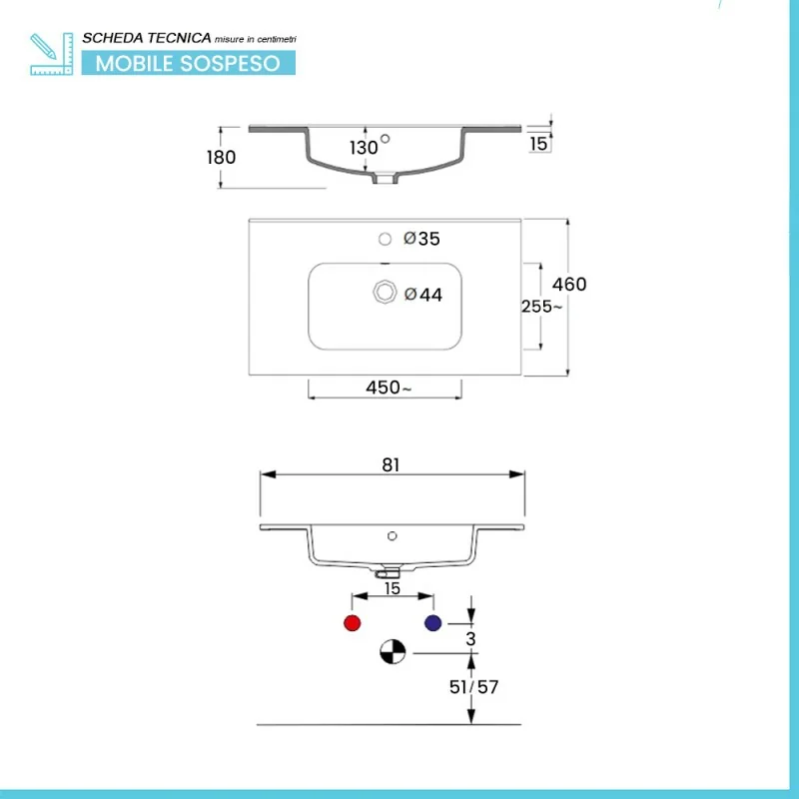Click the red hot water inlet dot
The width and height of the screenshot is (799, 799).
pyautogui.click(x=351, y=623)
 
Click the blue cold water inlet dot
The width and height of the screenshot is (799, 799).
pyautogui.click(x=432, y=623)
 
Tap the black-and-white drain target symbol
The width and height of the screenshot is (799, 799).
pyautogui.click(x=392, y=653)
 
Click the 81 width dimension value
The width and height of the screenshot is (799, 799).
pyautogui.click(x=391, y=464)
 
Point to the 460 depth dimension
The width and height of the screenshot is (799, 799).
pyautogui.click(x=569, y=285)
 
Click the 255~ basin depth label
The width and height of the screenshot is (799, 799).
pyautogui.click(x=541, y=307)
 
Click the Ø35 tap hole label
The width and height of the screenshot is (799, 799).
pyautogui.click(x=421, y=239)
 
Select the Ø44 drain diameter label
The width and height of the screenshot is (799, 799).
pyautogui.click(x=422, y=295)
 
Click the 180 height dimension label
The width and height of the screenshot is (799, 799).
pyautogui.click(x=222, y=157)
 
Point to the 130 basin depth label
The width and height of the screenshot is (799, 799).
pyautogui.click(x=364, y=148)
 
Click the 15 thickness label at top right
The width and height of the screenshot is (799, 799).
pyautogui.click(x=538, y=144)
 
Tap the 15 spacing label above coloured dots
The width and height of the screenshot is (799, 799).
pyautogui.click(x=393, y=589)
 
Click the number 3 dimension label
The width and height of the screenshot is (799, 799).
pyautogui.click(x=471, y=637)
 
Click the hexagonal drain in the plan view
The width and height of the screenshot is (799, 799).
pyautogui.click(x=384, y=292)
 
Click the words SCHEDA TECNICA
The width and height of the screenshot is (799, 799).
pyautogui.click(x=146, y=38)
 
